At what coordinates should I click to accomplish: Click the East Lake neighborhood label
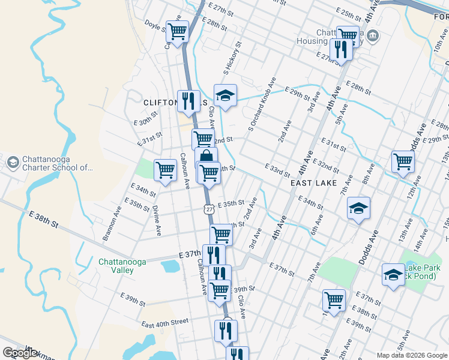(313, 182)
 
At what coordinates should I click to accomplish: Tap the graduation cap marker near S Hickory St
(225, 95)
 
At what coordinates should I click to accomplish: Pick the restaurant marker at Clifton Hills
(188, 100)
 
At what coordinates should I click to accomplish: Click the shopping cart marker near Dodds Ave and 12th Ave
(403, 160)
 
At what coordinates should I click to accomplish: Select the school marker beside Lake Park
(393, 274)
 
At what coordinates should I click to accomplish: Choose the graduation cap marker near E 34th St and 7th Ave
(358, 208)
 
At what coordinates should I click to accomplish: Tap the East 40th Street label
(165, 323)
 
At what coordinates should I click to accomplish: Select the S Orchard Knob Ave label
(262, 104)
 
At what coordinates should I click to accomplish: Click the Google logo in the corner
(20, 353)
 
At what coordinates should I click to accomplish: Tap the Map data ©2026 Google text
(412, 355)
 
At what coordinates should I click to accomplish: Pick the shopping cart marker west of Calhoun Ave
(165, 169)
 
